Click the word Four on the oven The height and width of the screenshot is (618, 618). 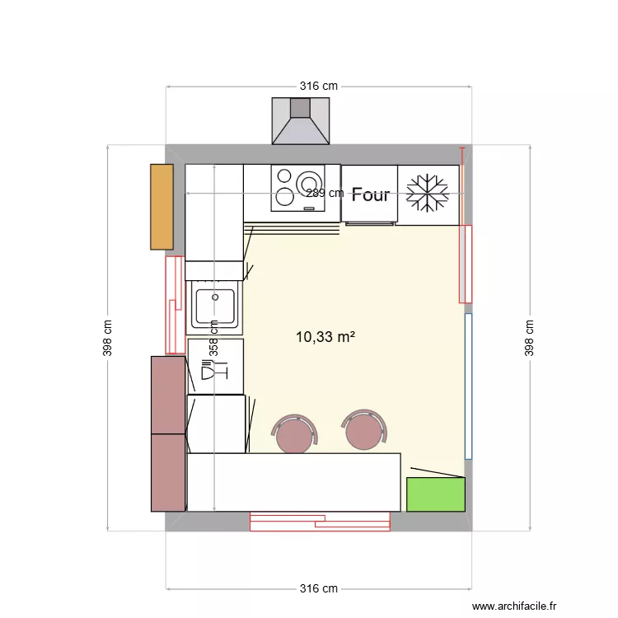pyautogui.click(x=370, y=195)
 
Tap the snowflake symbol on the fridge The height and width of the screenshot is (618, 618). pyautogui.click(x=428, y=194)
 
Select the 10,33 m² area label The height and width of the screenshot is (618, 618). pyautogui.click(x=325, y=336)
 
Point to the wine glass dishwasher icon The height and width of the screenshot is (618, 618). pyautogui.click(x=213, y=372)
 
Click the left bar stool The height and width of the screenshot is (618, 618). pyautogui.click(x=294, y=434)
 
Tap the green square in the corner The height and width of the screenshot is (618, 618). pyautogui.click(x=435, y=494)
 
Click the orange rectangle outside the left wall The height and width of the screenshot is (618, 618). pyautogui.click(x=162, y=207)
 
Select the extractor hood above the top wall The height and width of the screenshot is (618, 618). pyautogui.click(x=301, y=120)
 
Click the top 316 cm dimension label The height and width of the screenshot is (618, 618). pyautogui.click(x=318, y=86)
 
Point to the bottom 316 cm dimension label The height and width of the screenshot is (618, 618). pyautogui.click(x=318, y=589)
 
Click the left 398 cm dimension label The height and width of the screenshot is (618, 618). pyautogui.click(x=108, y=338)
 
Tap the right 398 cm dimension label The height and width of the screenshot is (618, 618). pyautogui.click(x=529, y=338)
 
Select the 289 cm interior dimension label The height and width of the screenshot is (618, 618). pyautogui.click(x=325, y=194)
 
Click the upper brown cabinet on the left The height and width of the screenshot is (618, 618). pyautogui.click(x=168, y=395)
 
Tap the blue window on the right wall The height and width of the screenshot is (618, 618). pyautogui.click(x=468, y=386)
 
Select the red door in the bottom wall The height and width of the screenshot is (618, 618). pyautogui.click(x=320, y=520)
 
